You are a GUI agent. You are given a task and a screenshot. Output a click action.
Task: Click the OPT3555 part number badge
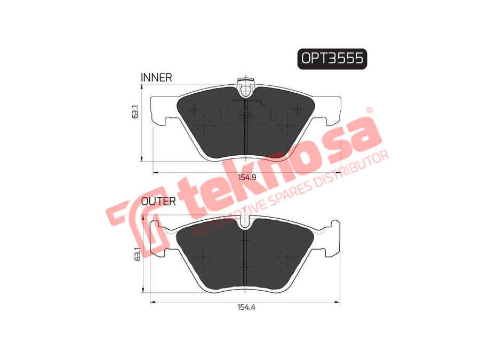coord(332,59)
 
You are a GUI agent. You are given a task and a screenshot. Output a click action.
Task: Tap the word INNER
coord(156,78)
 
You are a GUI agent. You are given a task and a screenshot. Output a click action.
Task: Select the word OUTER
coord(158,202)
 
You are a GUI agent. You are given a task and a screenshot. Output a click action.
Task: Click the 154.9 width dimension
coord(247,177)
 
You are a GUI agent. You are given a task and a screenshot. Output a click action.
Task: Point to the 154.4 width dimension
coord(246,307)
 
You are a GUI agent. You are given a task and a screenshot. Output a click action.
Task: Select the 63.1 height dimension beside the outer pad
coord(138,254)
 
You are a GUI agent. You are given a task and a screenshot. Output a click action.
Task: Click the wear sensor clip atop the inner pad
coord(246,87)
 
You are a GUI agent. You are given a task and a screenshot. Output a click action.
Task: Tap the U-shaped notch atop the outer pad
coord(245,223)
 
